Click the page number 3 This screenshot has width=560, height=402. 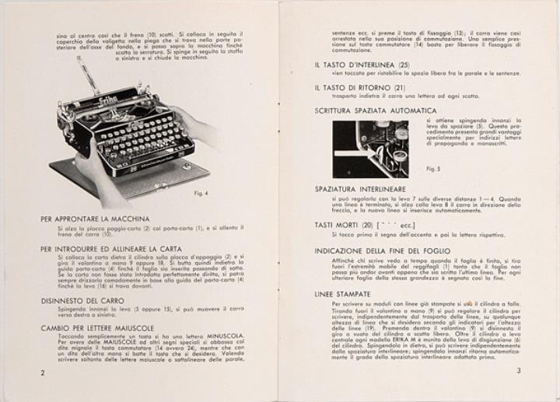pyautogui.click(x=517, y=371)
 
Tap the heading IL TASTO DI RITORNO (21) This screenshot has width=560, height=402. pyautogui.click(x=360, y=87)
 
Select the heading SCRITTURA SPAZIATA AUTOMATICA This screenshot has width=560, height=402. pyautogui.click(x=376, y=110)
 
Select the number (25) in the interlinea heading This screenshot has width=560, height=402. pyautogui.click(x=404, y=64)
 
